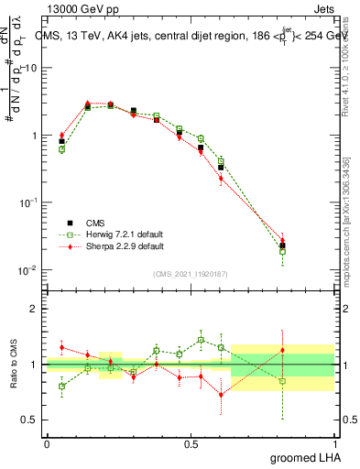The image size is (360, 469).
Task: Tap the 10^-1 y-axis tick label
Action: [29, 202]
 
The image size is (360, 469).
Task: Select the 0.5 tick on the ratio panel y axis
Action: [33, 420]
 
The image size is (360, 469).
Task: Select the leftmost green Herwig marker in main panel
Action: [61, 148]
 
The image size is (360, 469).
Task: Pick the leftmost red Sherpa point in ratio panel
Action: [61, 347]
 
